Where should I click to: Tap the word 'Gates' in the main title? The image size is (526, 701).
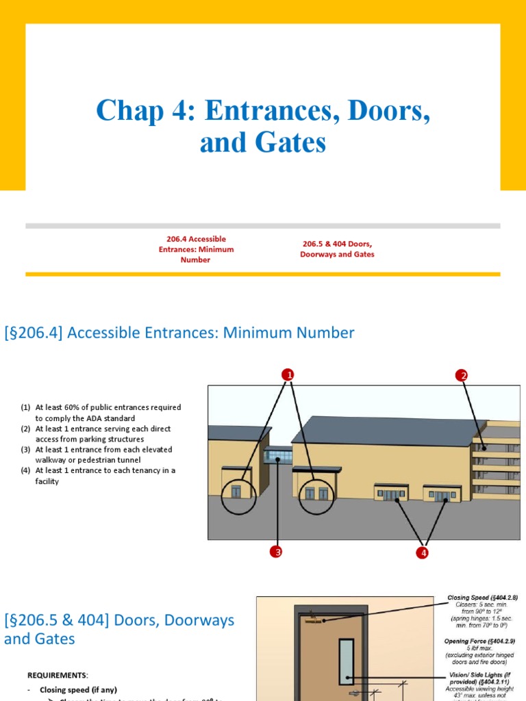point(287,143)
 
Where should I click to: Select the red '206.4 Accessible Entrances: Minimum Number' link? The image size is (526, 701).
point(195,249)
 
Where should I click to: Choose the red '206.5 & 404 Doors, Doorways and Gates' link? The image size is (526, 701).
point(337,249)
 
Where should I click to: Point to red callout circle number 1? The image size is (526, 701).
point(288,374)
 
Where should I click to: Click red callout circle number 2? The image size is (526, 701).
point(462,375)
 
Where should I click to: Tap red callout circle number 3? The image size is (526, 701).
point(277,552)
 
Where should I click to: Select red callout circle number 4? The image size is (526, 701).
point(423,552)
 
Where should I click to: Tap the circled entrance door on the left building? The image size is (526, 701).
point(238,492)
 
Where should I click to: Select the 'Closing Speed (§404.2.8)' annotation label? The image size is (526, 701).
point(481,598)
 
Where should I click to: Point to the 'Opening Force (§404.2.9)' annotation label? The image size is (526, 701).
point(480,641)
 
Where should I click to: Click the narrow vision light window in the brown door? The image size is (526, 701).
point(346,661)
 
